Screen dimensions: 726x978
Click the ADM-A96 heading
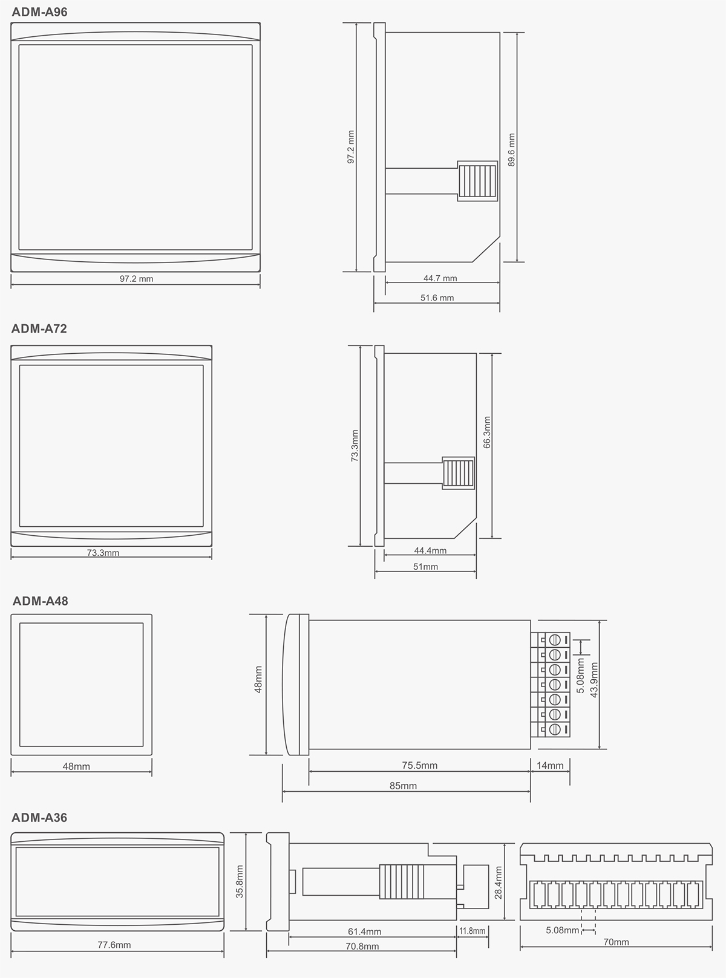(39, 12)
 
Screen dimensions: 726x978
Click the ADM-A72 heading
(39, 328)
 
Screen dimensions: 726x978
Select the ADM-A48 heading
(40, 601)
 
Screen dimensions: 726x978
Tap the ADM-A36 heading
(39, 818)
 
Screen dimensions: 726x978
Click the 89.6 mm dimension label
(511, 150)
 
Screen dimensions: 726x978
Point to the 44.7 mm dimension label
(440, 278)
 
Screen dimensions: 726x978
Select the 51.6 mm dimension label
(437, 298)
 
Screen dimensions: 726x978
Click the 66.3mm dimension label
(486, 432)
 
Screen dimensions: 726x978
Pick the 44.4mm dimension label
(430, 550)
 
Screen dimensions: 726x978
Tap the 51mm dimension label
(425, 567)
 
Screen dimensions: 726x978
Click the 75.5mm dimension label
(419, 766)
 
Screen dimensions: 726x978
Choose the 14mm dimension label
(549, 766)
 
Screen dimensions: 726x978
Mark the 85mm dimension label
(403, 786)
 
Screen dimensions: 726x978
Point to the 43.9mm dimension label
(594, 680)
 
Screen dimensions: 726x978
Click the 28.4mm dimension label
(498, 882)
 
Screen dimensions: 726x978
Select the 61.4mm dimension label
(364, 931)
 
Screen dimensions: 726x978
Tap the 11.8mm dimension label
(472, 931)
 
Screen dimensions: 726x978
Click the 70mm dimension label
(616, 942)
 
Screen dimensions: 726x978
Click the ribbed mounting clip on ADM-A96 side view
(477, 181)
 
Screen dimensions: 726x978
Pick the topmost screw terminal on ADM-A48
(555, 639)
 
